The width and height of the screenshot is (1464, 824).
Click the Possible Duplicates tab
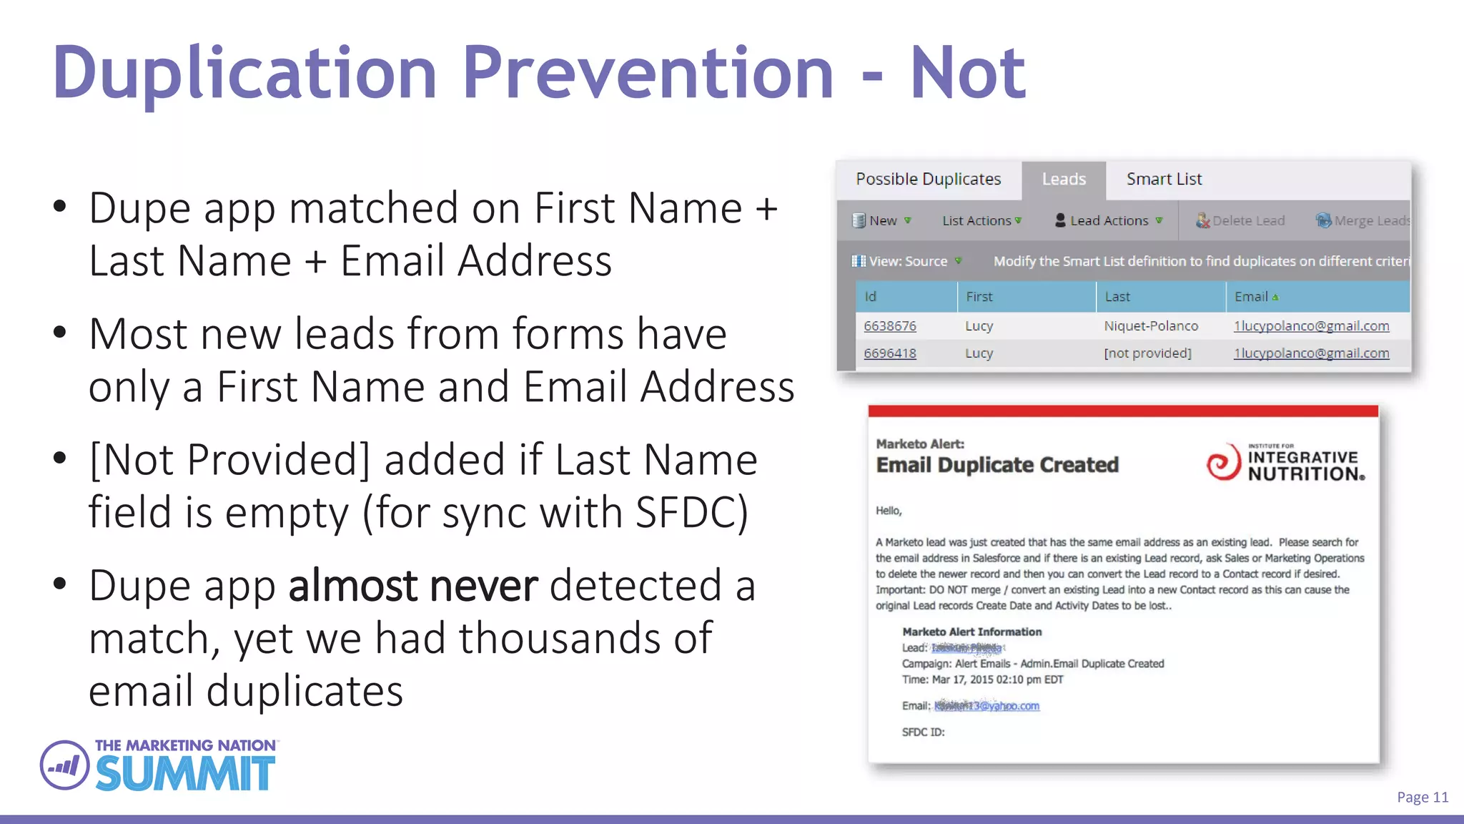(928, 180)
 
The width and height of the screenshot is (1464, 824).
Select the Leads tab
(1064, 180)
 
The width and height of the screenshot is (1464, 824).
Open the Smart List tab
(1164, 180)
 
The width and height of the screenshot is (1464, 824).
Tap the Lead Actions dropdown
(1109, 221)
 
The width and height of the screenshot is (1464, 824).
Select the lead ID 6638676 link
(889, 326)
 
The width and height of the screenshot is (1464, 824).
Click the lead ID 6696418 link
(889, 353)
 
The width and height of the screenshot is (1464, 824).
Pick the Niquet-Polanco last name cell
(1151, 326)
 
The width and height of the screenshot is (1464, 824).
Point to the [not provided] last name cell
(1147, 353)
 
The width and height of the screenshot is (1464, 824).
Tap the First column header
(979, 297)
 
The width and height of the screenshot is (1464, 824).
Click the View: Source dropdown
(907, 262)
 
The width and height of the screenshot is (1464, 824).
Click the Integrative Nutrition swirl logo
(1223, 463)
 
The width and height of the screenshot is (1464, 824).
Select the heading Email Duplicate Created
(997, 465)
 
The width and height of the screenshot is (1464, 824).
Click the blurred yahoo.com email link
(986, 706)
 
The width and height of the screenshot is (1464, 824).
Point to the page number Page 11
(1422, 798)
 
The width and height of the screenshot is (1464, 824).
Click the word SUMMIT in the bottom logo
(185, 773)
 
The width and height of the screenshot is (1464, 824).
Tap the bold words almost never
(412, 586)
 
